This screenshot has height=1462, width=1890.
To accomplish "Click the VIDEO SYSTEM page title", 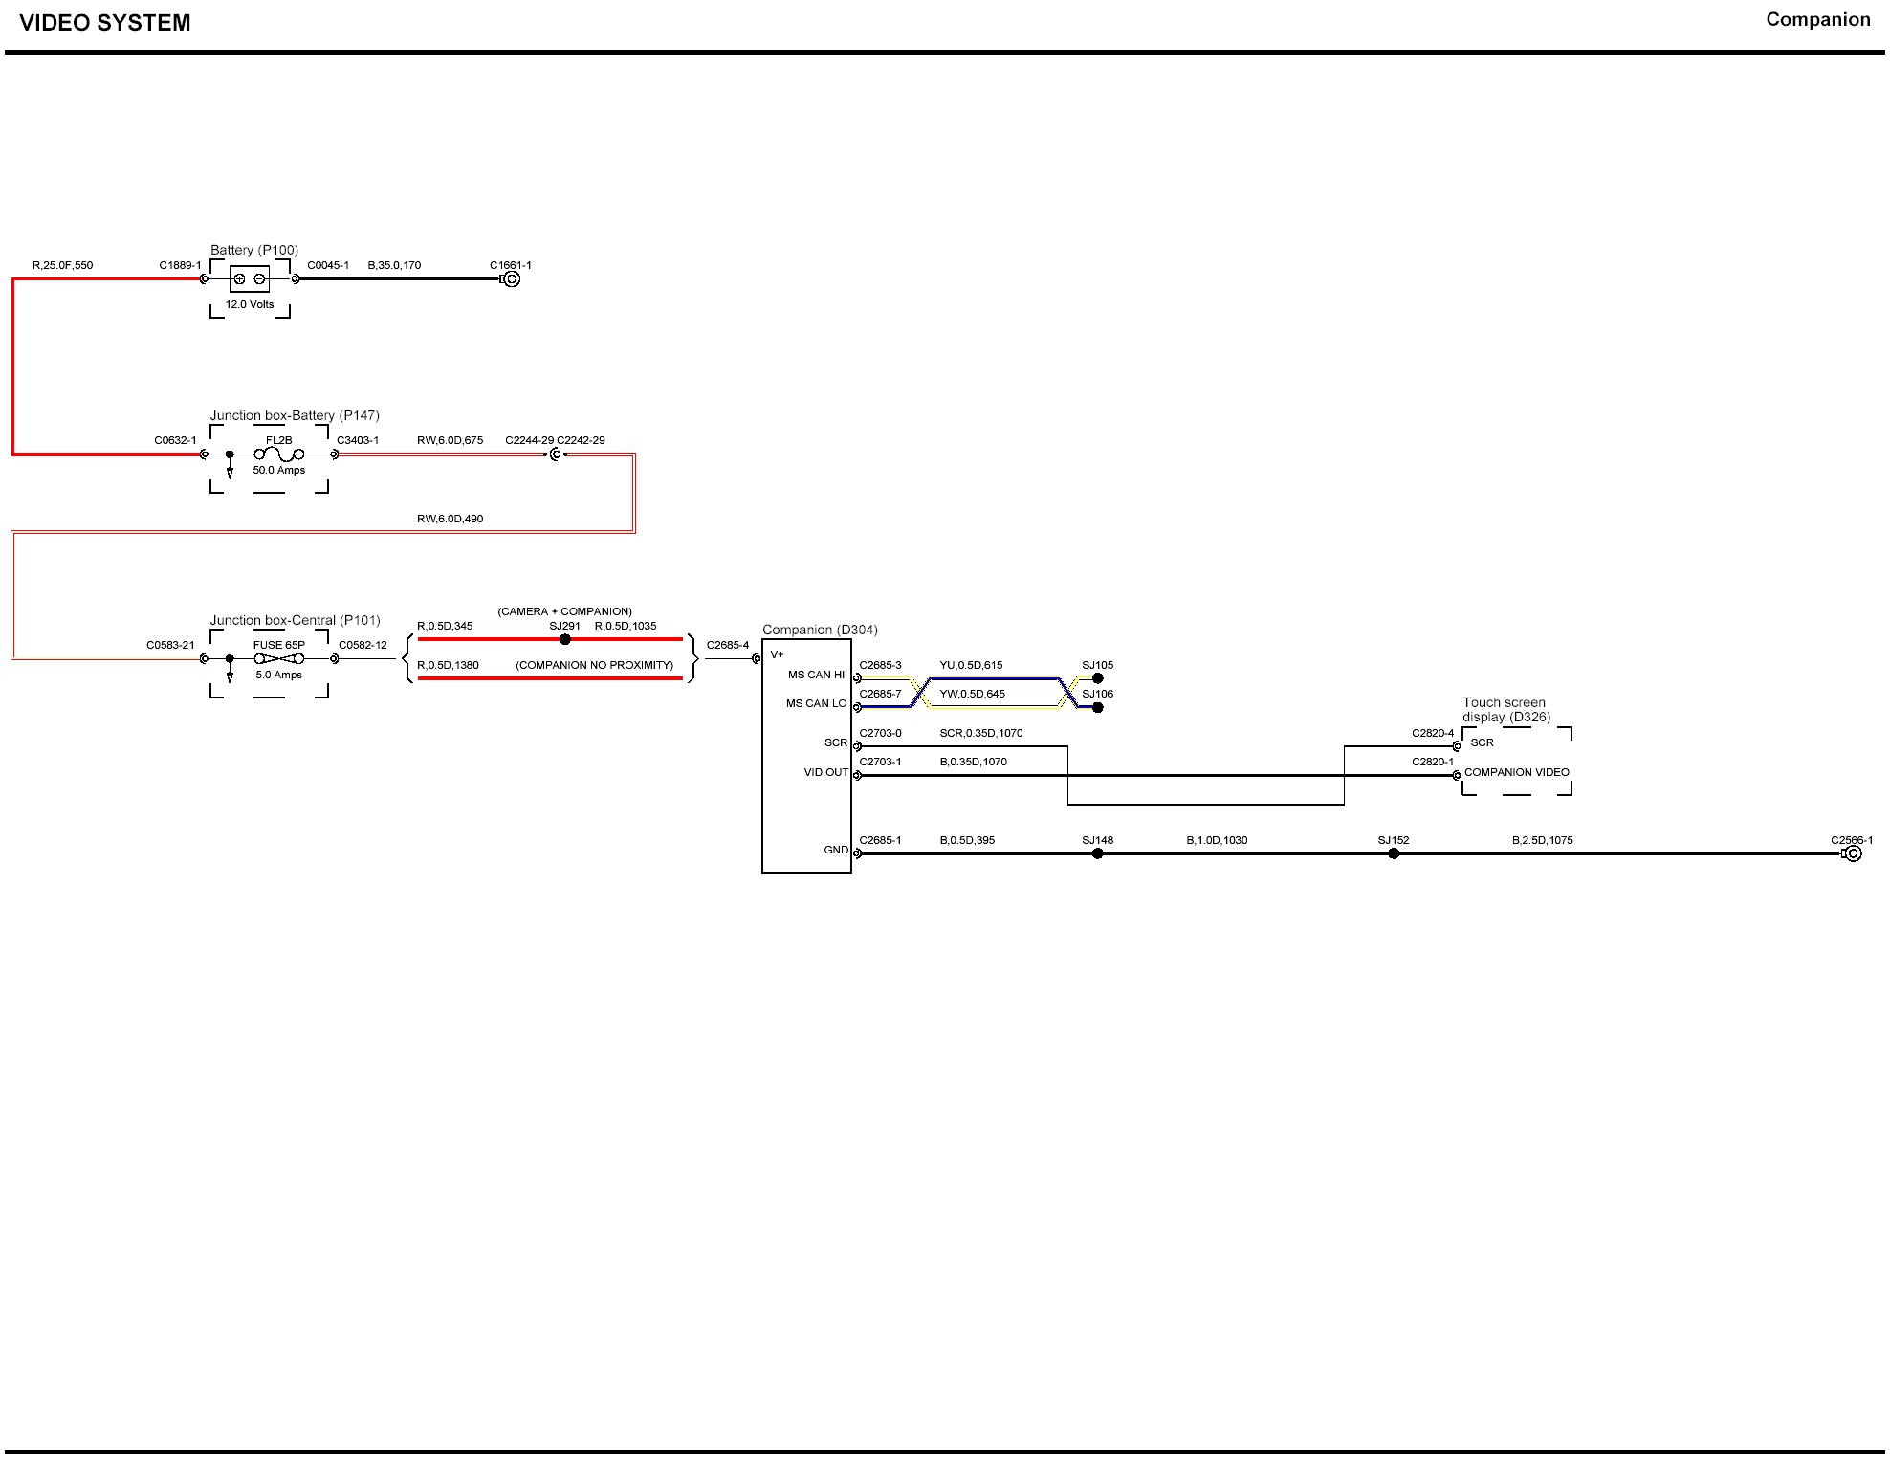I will [105, 23].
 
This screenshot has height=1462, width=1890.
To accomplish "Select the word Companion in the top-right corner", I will [1817, 20].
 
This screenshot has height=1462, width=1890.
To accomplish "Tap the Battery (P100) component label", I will [254, 250].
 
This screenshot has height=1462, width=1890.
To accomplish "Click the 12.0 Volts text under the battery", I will [250, 305].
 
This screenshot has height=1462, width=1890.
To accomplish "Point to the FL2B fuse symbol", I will [279, 454].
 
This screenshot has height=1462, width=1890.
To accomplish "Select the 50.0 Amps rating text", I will [279, 471].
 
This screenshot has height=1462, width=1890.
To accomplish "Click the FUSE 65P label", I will [279, 645].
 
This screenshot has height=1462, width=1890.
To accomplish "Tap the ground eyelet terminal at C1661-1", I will [512, 279].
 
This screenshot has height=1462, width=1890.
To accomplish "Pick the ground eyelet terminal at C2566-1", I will [1853, 853].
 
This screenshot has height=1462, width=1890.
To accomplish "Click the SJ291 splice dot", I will [564, 639].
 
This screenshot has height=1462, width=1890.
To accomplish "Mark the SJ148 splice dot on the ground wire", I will [1097, 853].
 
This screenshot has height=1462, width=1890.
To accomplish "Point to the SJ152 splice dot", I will [1394, 853].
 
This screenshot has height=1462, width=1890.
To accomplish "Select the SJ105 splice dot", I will [1098, 678].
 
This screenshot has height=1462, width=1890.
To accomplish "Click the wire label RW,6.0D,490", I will [450, 519].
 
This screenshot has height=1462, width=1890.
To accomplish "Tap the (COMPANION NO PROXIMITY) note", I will [594, 665].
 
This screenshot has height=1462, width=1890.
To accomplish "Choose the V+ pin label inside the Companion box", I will [777, 654].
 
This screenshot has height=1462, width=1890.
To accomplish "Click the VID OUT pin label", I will [825, 772].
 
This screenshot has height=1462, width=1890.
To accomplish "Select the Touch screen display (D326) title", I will [1505, 710].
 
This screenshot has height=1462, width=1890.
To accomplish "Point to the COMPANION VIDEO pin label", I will [1516, 772].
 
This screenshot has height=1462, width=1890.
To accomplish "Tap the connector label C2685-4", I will [728, 645].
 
